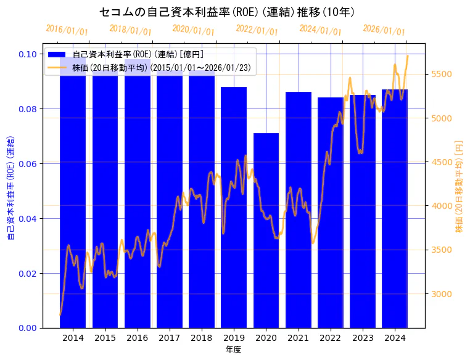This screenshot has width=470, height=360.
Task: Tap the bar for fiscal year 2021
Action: [x=298, y=210]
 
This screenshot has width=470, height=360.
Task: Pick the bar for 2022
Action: [x=330, y=212]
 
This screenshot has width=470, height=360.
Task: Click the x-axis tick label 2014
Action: [x=73, y=338]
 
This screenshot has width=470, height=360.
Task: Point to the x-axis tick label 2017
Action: [x=169, y=338]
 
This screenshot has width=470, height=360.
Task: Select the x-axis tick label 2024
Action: [x=394, y=338]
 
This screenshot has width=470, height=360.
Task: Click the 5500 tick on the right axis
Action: [x=442, y=75]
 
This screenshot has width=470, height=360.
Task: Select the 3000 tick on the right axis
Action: [x=442, y=294]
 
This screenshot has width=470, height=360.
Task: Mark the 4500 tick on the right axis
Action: [x=442, y=163]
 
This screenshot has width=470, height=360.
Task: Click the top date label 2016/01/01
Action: [x=67, y=30]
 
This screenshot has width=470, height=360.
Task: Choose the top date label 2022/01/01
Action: [x=257, y=30]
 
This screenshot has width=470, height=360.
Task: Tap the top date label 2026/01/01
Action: [x=384, y=30]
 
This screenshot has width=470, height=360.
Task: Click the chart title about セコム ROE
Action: [x=226, y=12]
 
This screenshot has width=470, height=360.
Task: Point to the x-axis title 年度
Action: [x=233, y=350]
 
